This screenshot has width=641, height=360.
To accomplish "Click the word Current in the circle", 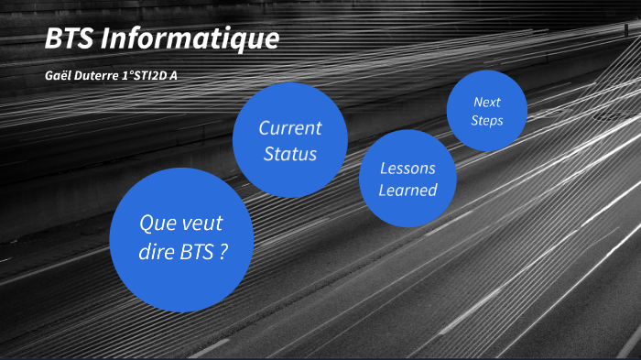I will point(290,128).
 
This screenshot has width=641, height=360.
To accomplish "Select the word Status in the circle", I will point(290,154).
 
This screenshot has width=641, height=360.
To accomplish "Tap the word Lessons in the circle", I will point(407,169).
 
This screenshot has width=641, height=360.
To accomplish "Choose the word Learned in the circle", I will point(407,191).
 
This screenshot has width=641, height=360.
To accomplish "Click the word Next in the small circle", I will point(486,102).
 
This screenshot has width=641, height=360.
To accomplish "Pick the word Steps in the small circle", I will point(486,120).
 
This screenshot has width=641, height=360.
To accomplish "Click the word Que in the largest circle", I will point(156,224).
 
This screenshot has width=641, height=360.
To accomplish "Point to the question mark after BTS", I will point(223,252).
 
